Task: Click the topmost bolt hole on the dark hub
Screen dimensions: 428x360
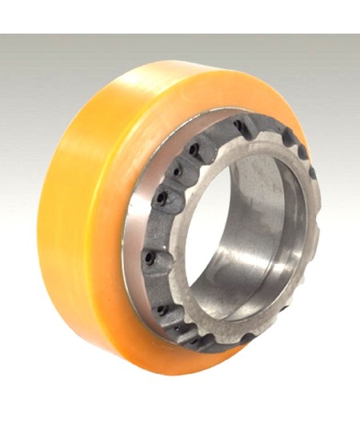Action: pyautogui.click(x=238, y=124)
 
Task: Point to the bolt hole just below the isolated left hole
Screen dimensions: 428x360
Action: pyautogui.click(x=162, y=307)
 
